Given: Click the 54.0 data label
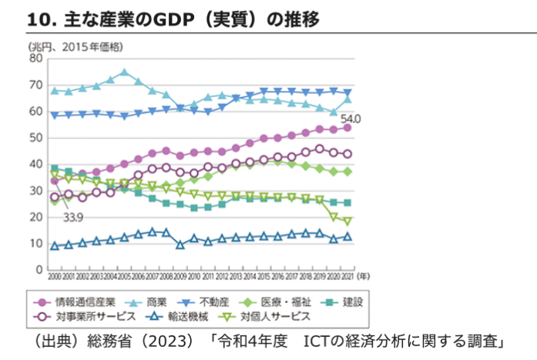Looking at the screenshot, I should point(351,118).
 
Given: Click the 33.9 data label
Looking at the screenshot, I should point(73,218).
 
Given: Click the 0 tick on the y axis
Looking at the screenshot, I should point(39,270).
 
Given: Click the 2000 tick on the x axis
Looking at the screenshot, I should point(54,276).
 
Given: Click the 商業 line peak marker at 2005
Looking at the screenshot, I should point(124,72).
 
